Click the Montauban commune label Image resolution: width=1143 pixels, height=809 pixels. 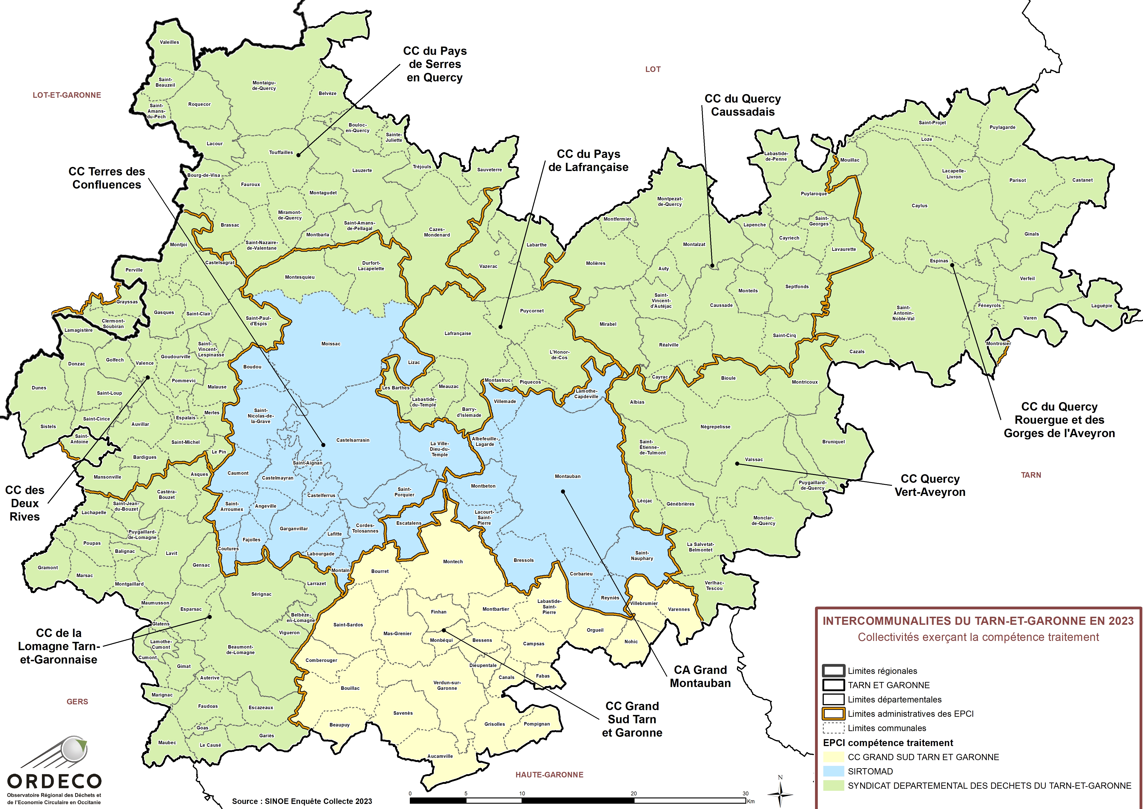click(x=567, y=476)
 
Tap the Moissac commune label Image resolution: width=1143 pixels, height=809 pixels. click(x=331, y=344)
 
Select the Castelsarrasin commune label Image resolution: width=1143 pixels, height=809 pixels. click(x=353, y=440)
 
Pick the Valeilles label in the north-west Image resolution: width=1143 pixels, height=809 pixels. click(x=169, y=42)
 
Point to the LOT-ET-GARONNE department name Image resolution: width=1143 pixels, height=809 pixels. click(x=67, y=95)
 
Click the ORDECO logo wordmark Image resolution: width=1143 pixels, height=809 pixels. click(x=54, y=781)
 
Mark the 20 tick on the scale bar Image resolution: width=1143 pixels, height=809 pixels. click(x=634, y=794)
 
